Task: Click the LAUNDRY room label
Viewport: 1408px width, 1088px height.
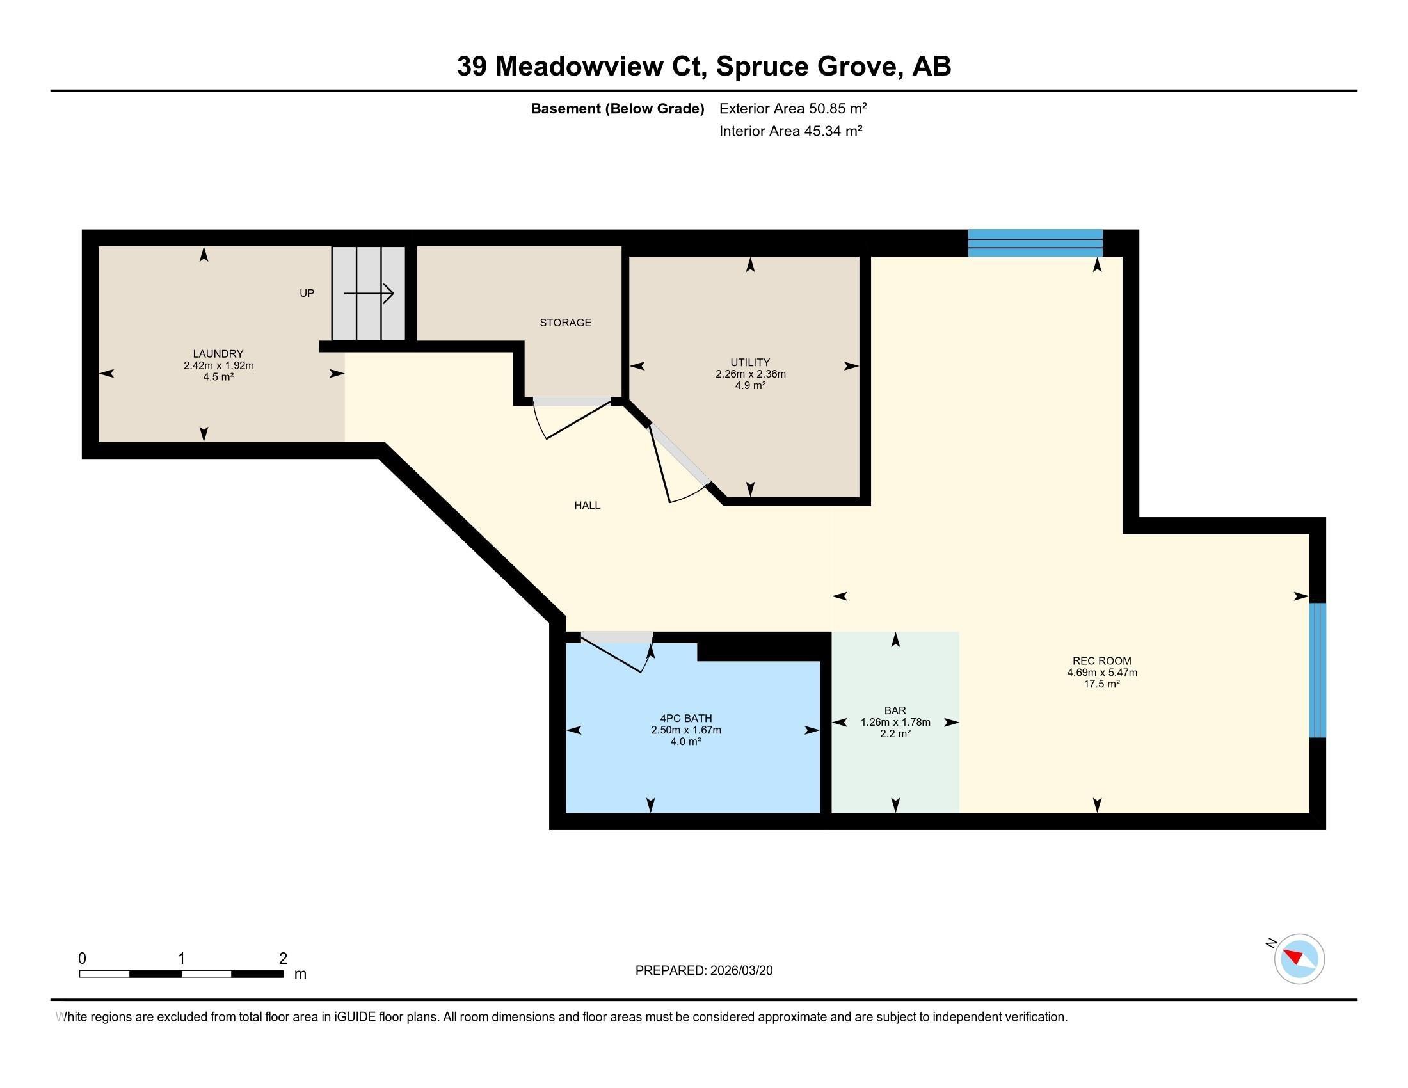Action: tap(218, 354)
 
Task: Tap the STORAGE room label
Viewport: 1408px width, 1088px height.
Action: tap(565, 323)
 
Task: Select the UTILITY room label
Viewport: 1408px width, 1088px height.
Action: tap(750, 362)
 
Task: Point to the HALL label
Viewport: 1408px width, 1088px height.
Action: tap(588, 506)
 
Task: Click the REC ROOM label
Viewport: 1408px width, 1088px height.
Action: tap(1102, 660)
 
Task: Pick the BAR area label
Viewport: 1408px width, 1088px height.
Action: tap(895, 710)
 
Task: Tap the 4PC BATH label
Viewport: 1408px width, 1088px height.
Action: tap(686, 718)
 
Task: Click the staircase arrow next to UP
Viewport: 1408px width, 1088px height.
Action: tap(369, 294)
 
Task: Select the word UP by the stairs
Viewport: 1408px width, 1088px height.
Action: tap(307, 293)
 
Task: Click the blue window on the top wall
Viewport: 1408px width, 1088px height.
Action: tap(1035, 243)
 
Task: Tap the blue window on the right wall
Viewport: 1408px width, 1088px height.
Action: tap(1318, 669)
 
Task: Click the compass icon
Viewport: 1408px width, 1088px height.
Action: tap(1299, 959)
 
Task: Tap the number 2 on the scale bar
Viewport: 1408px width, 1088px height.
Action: tap(283, 959)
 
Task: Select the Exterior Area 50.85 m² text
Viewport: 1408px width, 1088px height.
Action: tap(793, 108)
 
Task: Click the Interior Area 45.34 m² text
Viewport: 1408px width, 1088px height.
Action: tap(791, 131)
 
